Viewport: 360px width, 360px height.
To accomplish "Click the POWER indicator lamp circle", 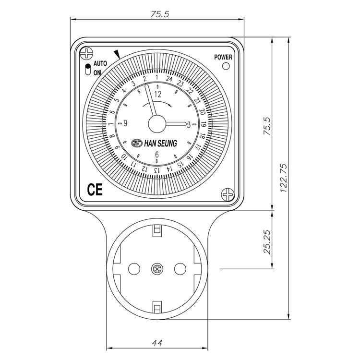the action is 226,66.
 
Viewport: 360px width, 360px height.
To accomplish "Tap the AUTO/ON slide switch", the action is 88,69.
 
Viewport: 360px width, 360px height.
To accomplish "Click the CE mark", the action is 95,190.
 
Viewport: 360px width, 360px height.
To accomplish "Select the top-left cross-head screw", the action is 86,53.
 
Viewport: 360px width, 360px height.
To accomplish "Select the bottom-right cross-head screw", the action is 228,195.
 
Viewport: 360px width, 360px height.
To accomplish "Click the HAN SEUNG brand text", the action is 160,144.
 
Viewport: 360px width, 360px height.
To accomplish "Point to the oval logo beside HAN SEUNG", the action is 137,143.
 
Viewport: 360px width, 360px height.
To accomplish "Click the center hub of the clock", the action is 157,124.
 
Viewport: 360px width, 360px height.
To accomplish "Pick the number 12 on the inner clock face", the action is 158,94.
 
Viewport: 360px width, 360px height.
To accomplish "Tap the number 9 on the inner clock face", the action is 125,123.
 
